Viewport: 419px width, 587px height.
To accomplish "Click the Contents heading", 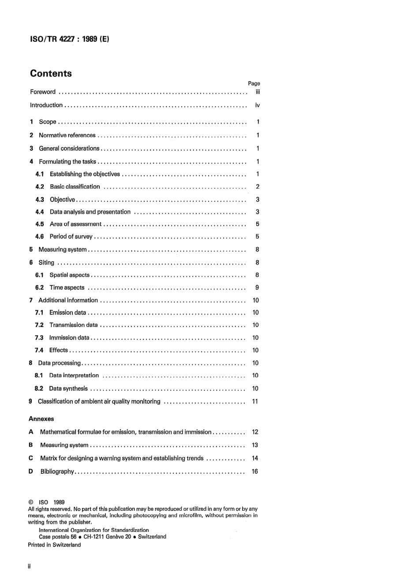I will pos(51,74).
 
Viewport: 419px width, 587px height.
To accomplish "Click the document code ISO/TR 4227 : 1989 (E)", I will pos(70,39).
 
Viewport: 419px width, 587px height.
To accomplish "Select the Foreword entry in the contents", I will pos(43,92).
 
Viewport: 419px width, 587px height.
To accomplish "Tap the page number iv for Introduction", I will pos(258,105).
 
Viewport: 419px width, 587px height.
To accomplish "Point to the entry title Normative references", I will pos(67,135).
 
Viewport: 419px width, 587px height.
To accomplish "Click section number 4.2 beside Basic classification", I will pos(40,187).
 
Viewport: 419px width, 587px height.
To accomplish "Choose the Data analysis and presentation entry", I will pos(90,212).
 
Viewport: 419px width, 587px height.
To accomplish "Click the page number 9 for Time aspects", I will pos(257,288).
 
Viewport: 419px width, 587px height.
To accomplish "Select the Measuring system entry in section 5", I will pos(63,249).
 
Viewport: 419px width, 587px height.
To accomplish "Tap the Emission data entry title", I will pos(68,313).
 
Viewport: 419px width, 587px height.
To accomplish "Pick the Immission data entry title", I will pos(69,338).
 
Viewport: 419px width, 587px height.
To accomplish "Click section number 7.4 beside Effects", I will pos(39,350).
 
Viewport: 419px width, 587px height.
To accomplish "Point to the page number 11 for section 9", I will pos(255,401).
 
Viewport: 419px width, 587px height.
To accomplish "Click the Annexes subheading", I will pos(41,419).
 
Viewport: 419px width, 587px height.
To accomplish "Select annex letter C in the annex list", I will pos(31,458).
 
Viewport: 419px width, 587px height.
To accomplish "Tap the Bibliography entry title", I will pos(57,472).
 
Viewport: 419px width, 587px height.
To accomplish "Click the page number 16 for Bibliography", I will pos(255,472).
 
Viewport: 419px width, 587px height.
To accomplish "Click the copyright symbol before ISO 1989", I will pos(31,502).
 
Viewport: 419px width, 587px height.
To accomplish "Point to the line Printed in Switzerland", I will pos(54,545).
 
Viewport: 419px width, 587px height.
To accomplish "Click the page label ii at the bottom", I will pos(30,566).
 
